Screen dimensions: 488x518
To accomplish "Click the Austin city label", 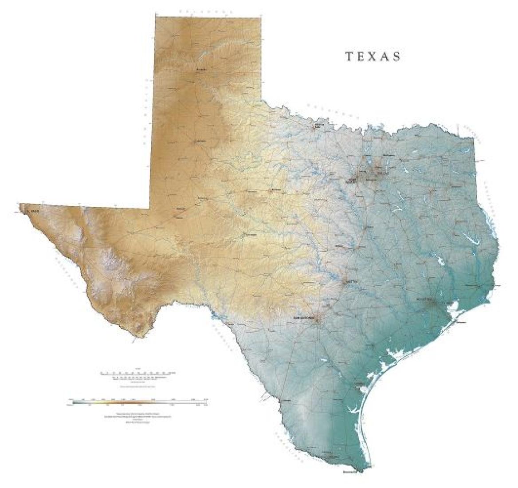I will point(350,282).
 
